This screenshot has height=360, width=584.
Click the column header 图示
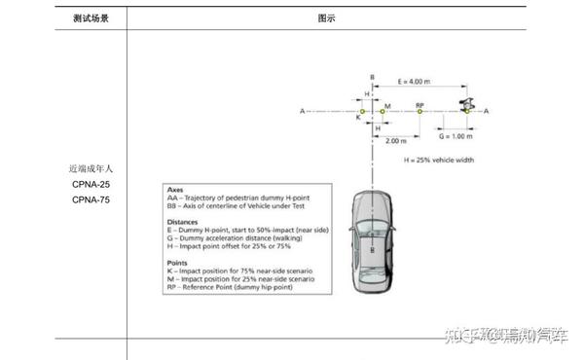coord(326,18)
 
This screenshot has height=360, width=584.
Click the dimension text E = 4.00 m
coord(415,82)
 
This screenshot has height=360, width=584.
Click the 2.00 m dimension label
coord(396,141)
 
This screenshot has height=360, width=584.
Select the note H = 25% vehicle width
coord(438,159)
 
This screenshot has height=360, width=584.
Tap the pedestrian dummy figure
coord(467,103)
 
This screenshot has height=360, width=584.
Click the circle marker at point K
coord(362,112)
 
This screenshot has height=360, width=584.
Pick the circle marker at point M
coord(382,112)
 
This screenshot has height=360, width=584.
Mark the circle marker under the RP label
coord(420,112)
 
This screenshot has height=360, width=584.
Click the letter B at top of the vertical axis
coord(371,76)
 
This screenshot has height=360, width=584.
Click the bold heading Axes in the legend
coord(176,190)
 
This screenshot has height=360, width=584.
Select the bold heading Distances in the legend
coord(183,221)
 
